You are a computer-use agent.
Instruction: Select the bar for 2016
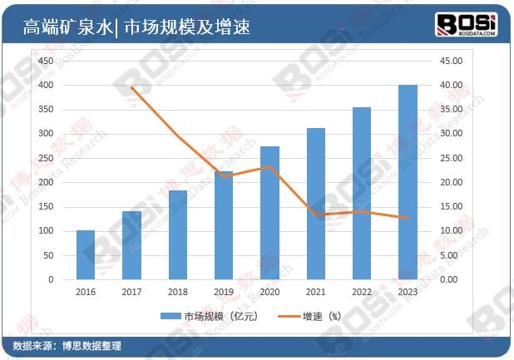coord(86,254)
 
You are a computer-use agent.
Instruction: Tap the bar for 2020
coord(270,213)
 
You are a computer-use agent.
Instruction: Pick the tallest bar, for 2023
coord(408,183)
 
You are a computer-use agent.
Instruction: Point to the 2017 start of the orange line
coord(132,87)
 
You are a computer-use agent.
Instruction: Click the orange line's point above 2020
coord(270,166)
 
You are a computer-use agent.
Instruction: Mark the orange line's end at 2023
coord(408,219)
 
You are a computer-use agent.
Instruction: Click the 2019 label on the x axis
coord(224,291)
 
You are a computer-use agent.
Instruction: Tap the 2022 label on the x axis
coord(362,291)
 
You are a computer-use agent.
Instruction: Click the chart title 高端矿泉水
coord(67,27)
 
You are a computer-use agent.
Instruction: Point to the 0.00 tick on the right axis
coord(448,279)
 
